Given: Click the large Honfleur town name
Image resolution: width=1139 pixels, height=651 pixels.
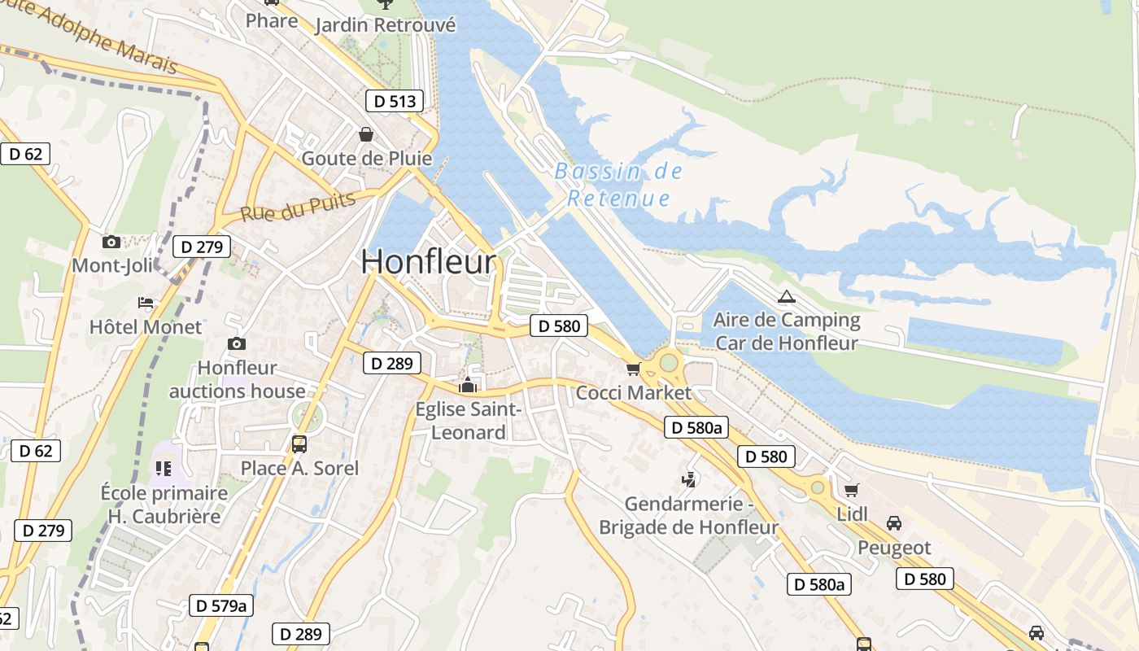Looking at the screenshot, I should [x=428, y=262].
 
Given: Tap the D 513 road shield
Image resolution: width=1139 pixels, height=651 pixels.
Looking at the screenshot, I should [x=395, y=101].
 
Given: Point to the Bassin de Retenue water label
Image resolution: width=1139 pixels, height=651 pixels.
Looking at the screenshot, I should [x=618, y=185].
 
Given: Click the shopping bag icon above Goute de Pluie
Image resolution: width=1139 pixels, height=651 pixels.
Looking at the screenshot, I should [x=366, y=133].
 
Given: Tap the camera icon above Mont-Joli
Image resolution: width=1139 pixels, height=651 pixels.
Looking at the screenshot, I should [x=111, y=242].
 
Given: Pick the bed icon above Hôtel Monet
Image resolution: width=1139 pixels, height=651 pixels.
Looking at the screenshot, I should [x=146, y=303].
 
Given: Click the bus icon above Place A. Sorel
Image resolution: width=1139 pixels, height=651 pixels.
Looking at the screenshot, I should [x=299, y=444].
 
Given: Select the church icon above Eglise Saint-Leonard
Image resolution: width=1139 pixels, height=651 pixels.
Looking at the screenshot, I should [x=468, y=385].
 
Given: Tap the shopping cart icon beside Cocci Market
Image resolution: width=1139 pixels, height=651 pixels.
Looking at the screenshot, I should [x=633, y=369].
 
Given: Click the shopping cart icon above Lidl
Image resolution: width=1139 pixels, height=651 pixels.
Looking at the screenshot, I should [x=851, y=490].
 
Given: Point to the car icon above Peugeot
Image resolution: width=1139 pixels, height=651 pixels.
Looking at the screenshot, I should [x=893, y=523].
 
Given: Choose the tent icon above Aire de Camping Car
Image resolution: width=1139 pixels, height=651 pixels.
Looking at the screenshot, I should [x=786, y=296].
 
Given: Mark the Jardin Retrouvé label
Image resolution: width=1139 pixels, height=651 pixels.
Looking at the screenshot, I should [x=385, y=25].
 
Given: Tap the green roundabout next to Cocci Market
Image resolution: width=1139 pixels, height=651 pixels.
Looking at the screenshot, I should [x=669, y=363].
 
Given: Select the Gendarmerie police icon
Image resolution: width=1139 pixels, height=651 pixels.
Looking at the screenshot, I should [x=688, y=480].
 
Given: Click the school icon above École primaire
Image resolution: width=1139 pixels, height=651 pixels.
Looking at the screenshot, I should [x=164, y=469].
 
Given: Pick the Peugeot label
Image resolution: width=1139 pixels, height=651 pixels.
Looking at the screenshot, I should [x=893, y=548].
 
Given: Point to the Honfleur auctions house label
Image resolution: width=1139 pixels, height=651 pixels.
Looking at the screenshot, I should [x=237, y=379].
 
